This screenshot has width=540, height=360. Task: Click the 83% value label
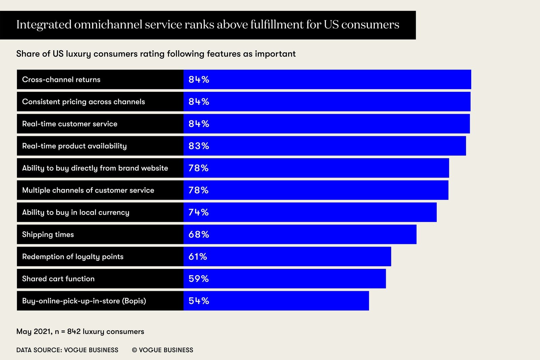tap(199, 146)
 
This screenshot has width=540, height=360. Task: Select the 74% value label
tap(198, 213)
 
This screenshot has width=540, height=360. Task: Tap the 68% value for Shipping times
tap(199, 234)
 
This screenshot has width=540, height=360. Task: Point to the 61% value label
tap(198, 257)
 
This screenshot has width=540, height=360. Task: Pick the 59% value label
tap(198, 279)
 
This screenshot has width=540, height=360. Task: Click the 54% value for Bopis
tap(199, 301)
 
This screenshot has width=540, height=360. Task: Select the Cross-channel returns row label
tap(61, 80)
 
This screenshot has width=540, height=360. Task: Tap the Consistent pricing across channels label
tap(83, 102)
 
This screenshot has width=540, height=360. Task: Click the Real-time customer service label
tap(70, 124)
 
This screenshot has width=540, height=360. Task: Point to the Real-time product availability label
tap(74, 146)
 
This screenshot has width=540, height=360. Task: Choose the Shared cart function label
tap(58, 279)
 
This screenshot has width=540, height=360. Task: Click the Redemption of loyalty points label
tap(73, 257)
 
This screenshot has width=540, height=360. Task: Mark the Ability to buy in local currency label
tap(76, 213)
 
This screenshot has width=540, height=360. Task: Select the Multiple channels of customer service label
tap(88, 190)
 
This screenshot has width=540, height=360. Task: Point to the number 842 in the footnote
tap(74, 332)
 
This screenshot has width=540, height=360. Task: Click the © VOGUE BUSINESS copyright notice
tap(162, 350)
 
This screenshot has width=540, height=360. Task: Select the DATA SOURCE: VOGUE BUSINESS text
tap(67, 350)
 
